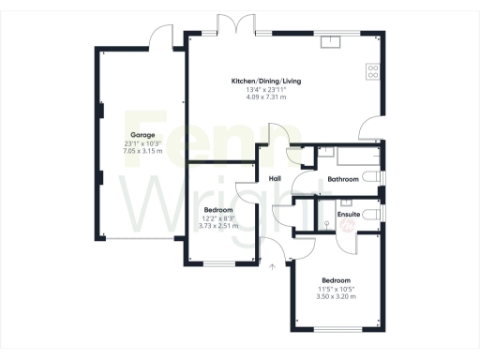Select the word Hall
pos(276,178)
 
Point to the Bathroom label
pos(343,178)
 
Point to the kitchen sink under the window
pos(332,41)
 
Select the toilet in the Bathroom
pos(373,176)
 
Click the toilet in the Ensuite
pos(371,215)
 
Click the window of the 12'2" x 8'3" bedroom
pos(222,263)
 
